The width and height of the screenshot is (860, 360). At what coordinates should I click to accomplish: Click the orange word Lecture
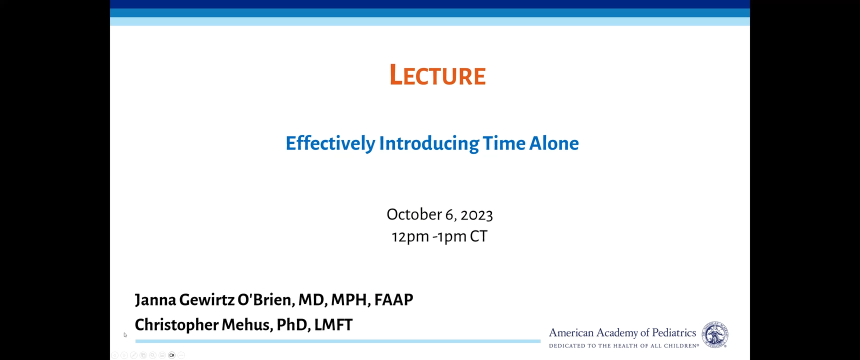coord(437,75)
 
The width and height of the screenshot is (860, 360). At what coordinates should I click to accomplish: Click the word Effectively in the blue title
coord(330,143)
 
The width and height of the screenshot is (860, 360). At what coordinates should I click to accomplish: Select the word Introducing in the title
coord(429,143)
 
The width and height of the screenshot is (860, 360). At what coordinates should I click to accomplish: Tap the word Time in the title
coord(504,143)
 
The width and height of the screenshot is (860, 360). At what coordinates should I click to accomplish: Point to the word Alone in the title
coord(554,143)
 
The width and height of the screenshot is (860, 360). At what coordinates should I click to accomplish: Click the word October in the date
coord(414,214)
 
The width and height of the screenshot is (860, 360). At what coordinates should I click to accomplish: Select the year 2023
coord(476,215)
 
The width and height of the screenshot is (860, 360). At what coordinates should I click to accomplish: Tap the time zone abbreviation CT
coord(478,236)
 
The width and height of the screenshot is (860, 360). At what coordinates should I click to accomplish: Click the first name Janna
coord(155,300)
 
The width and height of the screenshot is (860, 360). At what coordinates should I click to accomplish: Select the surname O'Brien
coord(265,299)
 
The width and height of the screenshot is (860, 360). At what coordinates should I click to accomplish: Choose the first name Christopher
coord(177,325)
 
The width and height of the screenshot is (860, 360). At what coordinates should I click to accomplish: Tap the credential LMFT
coord(333,325)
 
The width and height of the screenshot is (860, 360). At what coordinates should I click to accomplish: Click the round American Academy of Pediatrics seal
coord(715,334)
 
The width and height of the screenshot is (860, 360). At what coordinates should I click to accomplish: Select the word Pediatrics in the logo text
coord(674,332)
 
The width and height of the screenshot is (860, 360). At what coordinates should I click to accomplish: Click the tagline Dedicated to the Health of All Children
coord(624,345)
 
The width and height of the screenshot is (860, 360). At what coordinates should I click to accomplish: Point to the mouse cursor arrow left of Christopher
coord(125,335)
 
